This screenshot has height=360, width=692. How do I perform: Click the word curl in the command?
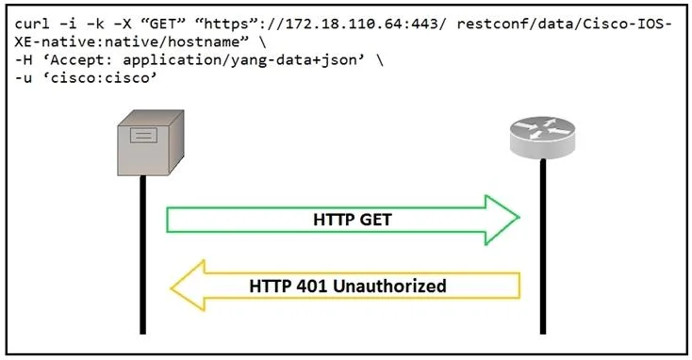[x=32, y=24]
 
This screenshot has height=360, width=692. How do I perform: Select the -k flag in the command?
[x=95, y=24]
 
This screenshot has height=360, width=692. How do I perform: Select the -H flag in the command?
[x=24, y=60]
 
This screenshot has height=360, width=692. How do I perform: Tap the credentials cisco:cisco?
[x=104, y=78]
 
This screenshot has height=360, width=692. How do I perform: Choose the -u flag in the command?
[x=24, y=78]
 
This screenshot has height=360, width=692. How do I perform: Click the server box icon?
[x=151, y=142]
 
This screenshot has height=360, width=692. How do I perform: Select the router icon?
[x=542, y=138]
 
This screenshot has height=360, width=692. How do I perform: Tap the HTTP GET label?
[x=353, y=220]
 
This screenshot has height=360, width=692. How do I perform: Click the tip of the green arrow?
[x=519, y=217]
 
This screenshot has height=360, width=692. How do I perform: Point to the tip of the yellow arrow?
[x=172, y=288]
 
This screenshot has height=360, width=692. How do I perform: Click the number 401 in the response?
[x=311, y=286]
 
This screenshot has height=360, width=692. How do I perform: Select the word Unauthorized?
[x=389, y=286]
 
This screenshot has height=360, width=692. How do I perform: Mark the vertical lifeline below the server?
[x=142, y=254]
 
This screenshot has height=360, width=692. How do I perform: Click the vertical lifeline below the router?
[x=543, y=246]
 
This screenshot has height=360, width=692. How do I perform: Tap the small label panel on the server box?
[x=143, y=135]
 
